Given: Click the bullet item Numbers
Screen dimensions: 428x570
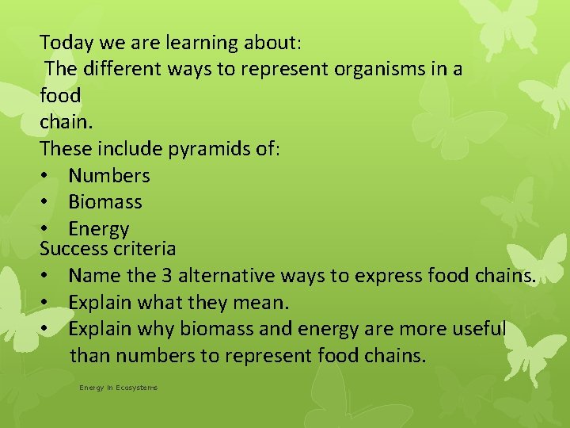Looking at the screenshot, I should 108,175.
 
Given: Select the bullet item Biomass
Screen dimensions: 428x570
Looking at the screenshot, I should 104,202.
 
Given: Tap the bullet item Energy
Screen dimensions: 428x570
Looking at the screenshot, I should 98,229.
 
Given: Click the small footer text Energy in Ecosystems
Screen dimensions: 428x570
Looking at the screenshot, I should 118,388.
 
